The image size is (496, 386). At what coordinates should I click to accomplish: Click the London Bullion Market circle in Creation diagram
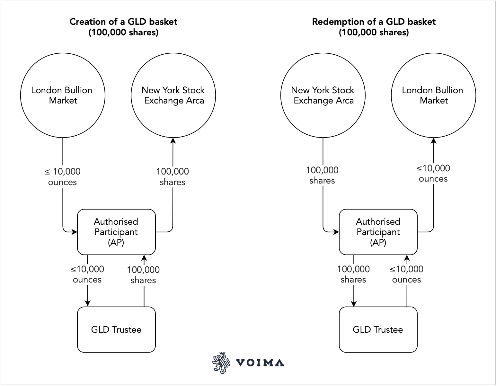coord(63,95)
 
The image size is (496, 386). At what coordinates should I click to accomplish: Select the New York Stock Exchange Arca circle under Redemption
coord(323,95)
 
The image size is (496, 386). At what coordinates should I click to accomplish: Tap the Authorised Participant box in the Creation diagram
coord(116,232)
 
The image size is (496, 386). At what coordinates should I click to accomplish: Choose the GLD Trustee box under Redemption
coord(378,329)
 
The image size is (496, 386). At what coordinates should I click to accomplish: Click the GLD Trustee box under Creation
coord(116,329)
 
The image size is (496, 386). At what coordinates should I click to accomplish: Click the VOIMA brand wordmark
coord(260,363)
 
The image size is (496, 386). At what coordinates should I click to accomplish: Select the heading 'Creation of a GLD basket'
coord(123,22)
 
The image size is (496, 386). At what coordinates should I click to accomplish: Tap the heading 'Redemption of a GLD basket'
coord(374,22)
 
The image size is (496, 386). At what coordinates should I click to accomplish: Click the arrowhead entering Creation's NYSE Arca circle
coord(173,141)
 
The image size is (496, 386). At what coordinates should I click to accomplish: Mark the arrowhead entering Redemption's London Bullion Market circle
coord(434,141)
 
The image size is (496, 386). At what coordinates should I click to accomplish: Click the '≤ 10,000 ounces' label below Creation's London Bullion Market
coord(63,177)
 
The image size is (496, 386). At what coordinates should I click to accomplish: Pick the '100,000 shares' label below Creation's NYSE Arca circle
coord(173,177)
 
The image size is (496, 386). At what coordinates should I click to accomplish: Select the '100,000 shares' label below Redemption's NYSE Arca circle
coord(322,175)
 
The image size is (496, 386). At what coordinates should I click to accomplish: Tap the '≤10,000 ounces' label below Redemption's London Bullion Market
coord(433,174)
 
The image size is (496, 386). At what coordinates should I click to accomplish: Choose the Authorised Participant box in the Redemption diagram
coord(378,232)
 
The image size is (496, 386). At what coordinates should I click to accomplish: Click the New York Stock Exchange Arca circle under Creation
coord(173,95)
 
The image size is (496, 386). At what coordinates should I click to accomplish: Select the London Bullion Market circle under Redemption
coord(433,95)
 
